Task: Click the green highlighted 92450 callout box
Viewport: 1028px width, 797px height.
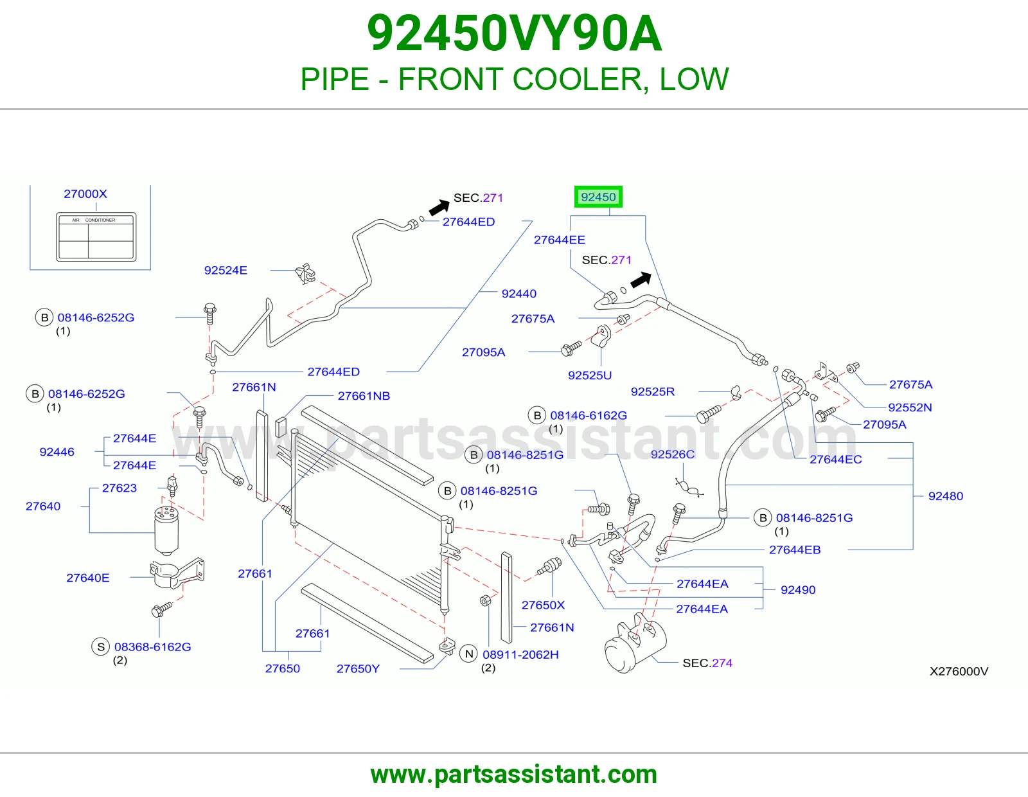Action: coord(598,197)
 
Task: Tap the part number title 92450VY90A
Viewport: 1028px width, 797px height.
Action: coord(514,33)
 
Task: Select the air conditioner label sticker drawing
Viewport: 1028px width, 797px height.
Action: coord(96,237)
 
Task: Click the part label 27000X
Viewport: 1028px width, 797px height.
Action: coord(85,193)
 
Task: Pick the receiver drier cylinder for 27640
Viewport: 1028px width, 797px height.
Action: coord(166,530)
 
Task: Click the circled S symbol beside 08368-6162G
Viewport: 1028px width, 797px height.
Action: coord(101,647)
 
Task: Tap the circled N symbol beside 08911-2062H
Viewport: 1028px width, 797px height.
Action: coord(469,654)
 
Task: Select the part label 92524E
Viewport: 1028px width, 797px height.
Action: coord(226,270)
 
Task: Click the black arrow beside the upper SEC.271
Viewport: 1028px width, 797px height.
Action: coord(439,207)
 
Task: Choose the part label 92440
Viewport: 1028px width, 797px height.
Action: coord(519,294)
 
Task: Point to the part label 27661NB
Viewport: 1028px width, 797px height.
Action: coord(364,396)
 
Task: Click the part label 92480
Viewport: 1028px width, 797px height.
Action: coord(946,496)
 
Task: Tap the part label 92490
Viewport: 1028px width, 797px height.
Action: coord(798,589)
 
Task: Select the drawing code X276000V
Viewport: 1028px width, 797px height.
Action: coord(959,671)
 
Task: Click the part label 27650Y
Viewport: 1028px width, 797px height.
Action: coord(358,668)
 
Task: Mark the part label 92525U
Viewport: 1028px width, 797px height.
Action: coord(590,375)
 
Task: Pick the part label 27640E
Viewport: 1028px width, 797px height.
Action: coord(88,578)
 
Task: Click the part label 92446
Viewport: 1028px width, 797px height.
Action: coord(57,452)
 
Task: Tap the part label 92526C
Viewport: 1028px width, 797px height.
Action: coord(672,454)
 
